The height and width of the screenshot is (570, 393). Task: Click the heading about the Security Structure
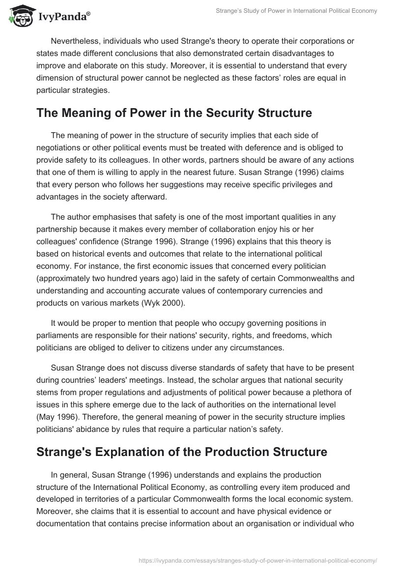(x=174, y=113)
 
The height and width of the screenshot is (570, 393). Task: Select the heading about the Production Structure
(x=182, y=452)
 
